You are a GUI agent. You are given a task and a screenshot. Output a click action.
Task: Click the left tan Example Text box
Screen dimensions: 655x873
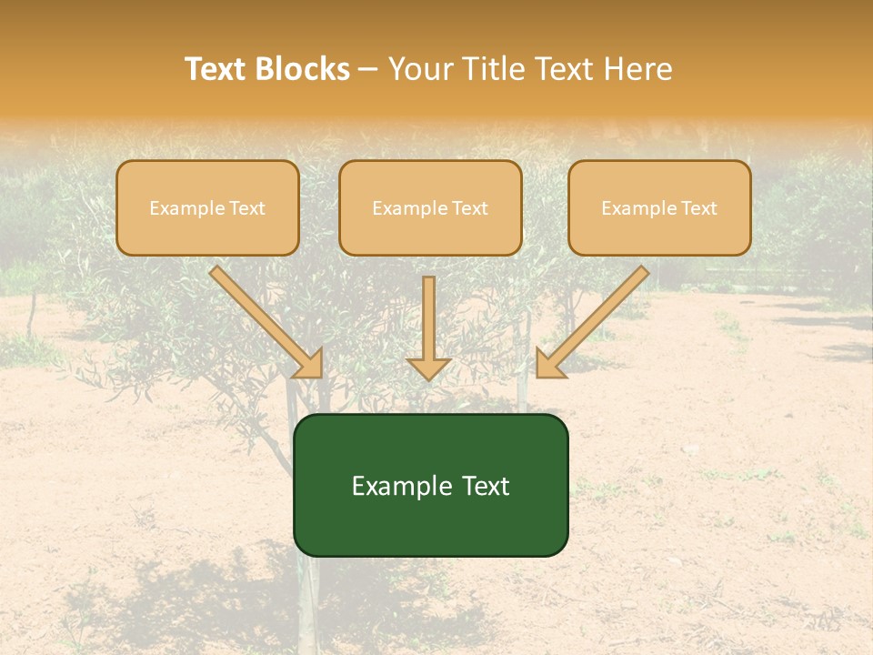(207, 207)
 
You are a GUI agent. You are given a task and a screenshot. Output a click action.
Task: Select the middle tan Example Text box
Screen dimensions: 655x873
(430, 207)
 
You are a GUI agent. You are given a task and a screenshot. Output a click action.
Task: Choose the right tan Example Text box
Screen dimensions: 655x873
(659, 207)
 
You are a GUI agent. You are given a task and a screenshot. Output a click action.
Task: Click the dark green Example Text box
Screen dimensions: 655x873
(430, 485)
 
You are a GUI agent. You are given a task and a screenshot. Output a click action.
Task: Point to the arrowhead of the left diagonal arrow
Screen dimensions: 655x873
(310, 364)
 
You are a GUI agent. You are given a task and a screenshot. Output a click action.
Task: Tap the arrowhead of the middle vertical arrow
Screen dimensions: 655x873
(429, 368)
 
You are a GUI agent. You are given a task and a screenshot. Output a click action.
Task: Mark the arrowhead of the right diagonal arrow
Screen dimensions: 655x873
(548, 364)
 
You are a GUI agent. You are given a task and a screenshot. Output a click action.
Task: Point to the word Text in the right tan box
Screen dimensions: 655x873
(698, 208)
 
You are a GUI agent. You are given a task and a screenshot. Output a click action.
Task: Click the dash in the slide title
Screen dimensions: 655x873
(368, 69)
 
